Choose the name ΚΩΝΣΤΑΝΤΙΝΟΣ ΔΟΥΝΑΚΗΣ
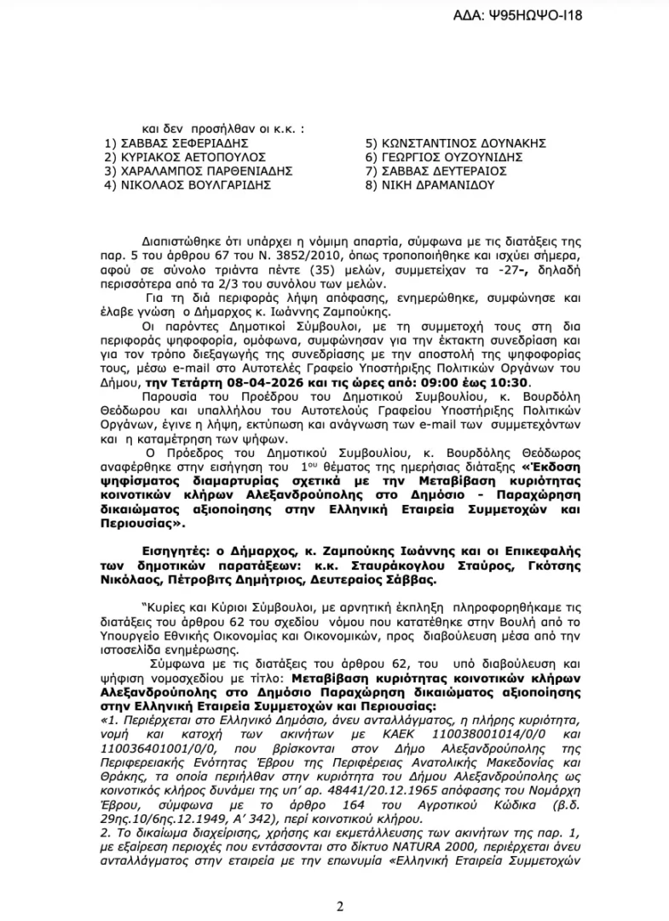coord(461,142)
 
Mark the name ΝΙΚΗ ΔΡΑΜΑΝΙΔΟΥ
coord(435,184)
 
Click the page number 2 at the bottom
coord(338,906)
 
